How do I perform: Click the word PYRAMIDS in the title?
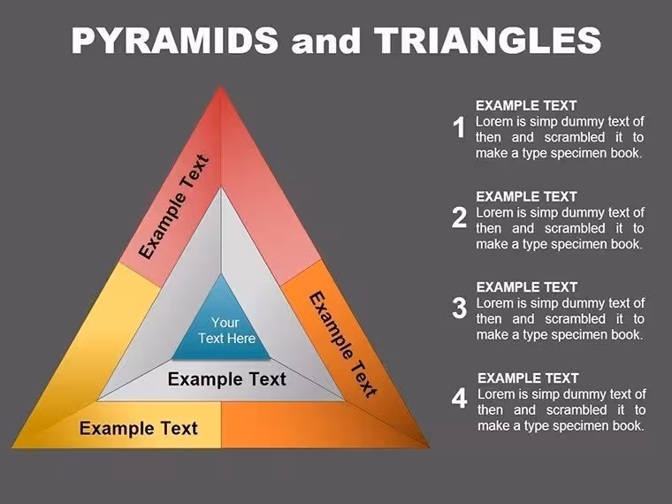[175, 40]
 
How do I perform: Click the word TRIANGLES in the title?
[487, 40]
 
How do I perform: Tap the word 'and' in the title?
[325, 42]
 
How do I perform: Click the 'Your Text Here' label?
[226, 331]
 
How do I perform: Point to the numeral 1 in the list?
[460, 127]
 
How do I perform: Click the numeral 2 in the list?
[459, 218]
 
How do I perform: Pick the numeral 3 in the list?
[459, 308]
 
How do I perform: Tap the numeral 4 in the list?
[459, 398]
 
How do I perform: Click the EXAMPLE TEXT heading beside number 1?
[526, 105]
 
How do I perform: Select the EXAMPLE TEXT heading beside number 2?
[526, 196]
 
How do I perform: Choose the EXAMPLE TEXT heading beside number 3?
[527, 287]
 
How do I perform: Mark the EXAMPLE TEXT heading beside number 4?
[528, 378]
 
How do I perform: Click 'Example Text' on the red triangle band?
[174, 207]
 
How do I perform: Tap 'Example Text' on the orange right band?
[343, 344]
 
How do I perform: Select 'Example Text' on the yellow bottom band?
[139, 428]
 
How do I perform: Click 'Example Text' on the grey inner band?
[226, 379]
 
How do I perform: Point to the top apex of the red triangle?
[221, 87]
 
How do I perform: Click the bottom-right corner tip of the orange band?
[429, 448]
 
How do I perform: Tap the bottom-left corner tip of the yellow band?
[12, 448]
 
